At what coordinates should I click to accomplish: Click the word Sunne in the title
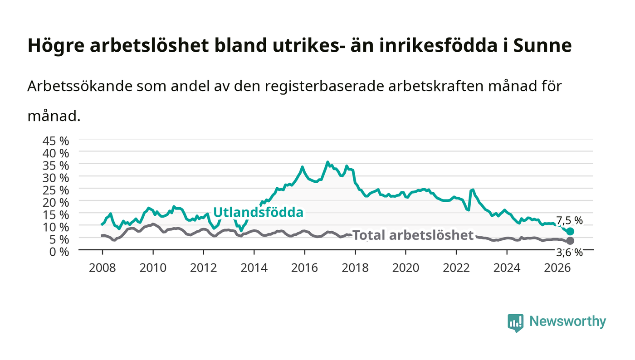pos(542,45)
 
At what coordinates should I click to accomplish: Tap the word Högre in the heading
pos(56,46)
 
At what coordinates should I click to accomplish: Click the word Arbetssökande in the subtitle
pos(80,86)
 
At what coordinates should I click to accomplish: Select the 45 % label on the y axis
pos(55,141)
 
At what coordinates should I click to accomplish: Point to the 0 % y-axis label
pos(59,252)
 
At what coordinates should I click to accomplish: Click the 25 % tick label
pos(55,190)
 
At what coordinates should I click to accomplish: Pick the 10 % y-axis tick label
pos(55,227)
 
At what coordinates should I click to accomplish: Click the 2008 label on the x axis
pos(103,268)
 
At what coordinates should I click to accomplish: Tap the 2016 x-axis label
pos(304,268)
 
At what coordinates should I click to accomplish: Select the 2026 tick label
pos(557,268)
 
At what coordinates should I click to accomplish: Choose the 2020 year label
pos(405,268)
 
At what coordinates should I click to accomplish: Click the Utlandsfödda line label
pos(258,212)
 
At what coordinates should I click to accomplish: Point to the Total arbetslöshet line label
pos(413,235)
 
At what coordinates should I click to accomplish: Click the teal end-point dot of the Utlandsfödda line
pos(570,231)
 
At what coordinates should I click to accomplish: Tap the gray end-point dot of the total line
pos(570,241)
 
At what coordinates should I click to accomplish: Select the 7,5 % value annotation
pos(569,220)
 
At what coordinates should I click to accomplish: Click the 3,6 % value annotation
pos(569,252)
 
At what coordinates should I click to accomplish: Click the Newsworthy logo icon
pos(515,323)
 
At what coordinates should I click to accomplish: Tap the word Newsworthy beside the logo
pos(567,321)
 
